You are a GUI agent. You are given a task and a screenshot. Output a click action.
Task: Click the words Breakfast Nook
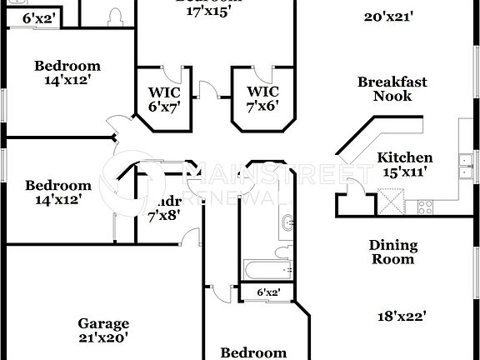[392, 88]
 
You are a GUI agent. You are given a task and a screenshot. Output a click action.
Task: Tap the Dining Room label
[392, 252]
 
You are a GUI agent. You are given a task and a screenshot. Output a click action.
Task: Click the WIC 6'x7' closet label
[163, 98]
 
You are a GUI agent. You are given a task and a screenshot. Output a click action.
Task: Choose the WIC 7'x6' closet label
[262, 98]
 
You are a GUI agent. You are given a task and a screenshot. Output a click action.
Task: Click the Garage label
[103, 323]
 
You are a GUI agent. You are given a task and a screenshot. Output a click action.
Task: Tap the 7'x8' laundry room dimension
[163, 216]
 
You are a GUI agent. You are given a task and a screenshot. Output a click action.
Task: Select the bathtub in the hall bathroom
[267, 270]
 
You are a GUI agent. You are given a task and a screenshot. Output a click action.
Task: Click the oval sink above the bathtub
[287, 222]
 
